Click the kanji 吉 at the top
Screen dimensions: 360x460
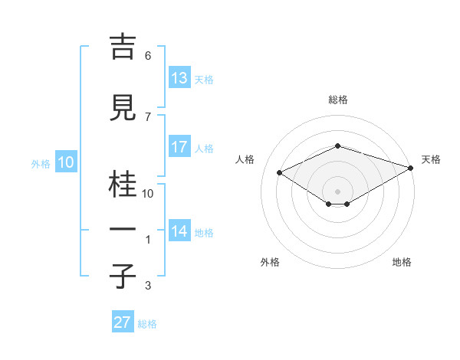[124, 47]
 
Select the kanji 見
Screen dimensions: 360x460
[124, 108]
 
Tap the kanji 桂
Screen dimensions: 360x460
[124, 185]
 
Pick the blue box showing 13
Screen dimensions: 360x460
[179, 78]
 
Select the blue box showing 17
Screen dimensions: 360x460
[179, 147]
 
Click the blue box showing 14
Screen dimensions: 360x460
[179, 231]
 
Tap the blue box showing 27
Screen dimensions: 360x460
[123, 322]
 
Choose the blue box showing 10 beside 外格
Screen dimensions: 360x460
[65, 162]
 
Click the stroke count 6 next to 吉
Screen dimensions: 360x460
[148, 56]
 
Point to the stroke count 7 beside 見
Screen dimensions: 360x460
[148, 117]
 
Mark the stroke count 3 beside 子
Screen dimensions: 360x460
[148, 286]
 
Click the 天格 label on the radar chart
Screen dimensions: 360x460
[431, 159]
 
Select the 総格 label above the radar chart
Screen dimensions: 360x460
[337, 100]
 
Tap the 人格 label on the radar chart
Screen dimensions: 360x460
[245, 159]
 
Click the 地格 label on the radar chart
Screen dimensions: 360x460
[402, 262]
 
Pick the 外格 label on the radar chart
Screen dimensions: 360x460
[270, 262]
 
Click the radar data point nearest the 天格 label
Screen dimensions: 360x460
[412, 168]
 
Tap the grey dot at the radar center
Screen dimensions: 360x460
[337, 190]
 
